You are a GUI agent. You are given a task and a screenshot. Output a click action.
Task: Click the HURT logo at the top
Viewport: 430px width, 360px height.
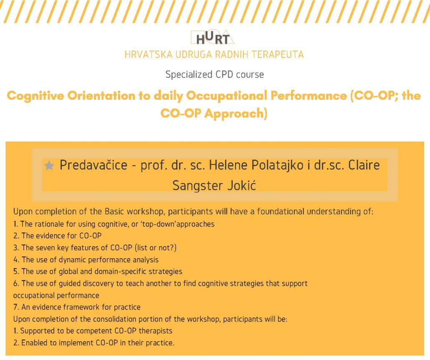tap(213, 38)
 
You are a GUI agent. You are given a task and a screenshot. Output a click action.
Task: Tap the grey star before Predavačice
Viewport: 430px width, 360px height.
tap(49, 166)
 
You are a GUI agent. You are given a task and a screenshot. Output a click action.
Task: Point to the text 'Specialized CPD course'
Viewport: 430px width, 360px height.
tap(215, 75)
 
